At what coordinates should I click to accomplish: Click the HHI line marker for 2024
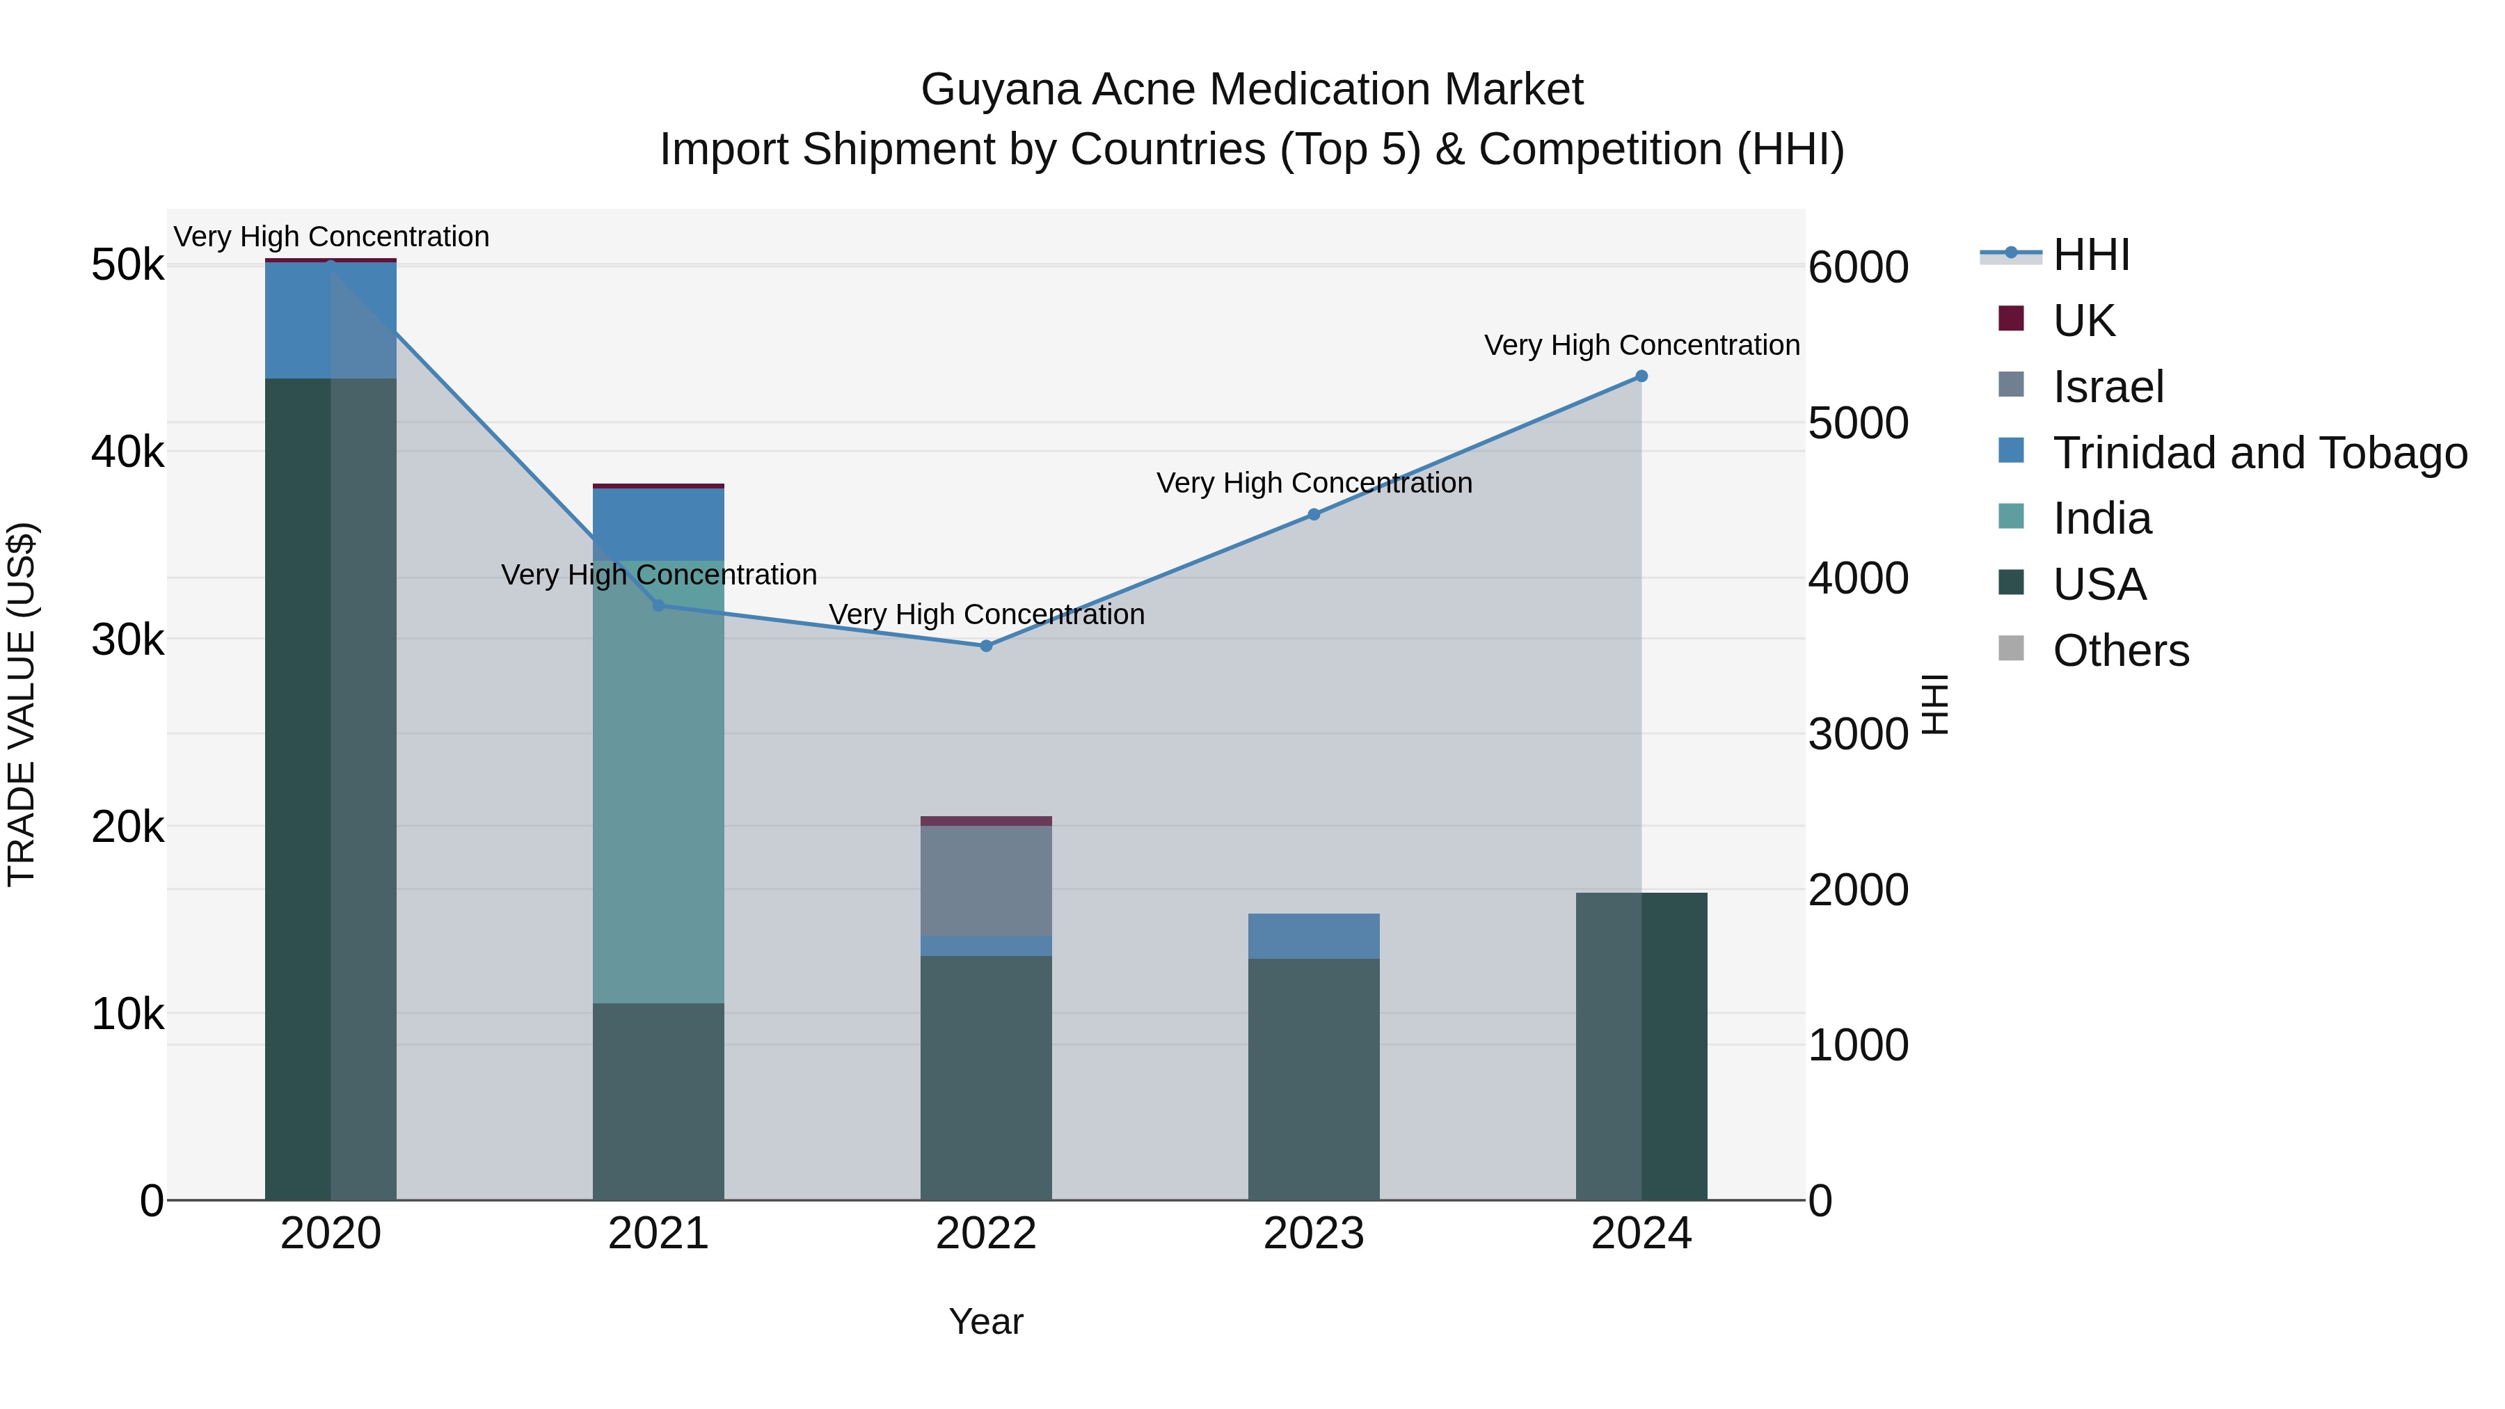(1641, 376)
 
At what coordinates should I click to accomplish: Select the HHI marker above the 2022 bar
(986, 646)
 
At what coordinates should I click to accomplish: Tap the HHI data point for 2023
(1314, 514)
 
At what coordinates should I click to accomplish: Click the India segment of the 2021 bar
(658, 778)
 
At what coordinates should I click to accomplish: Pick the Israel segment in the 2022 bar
(986, 880)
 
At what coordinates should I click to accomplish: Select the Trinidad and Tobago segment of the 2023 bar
(1314, 935)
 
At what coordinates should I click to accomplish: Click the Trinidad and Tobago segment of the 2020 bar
(331, 321)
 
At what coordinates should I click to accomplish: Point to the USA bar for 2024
(1641, 1045)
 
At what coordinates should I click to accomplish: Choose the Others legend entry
(2120, 651)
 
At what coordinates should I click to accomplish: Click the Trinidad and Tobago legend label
(2259, 453)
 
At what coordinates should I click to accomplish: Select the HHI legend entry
(2091, 255)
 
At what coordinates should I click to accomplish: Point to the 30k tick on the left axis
(127, 640)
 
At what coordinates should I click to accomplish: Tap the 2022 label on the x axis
(986, 1234)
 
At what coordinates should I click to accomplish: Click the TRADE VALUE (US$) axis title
(22, 704)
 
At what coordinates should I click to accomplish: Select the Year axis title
(986, 1321)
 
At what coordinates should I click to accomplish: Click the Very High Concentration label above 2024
(1641, 345)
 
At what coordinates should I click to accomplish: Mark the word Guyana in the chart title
(1001, 90)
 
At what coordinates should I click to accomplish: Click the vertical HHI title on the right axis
(1935, 704)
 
